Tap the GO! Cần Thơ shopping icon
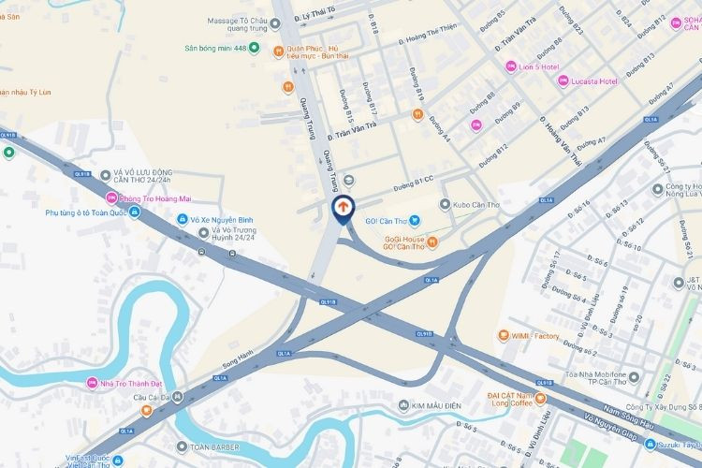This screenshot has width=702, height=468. click(x=415, y=221)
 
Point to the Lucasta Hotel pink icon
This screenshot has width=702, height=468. click(x=563, y=81)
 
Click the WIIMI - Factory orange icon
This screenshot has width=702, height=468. click(x=502, y=335)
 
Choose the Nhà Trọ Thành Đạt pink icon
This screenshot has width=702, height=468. click(x=92, y=383)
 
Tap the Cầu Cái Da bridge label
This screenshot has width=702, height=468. click(x=147, y=398)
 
